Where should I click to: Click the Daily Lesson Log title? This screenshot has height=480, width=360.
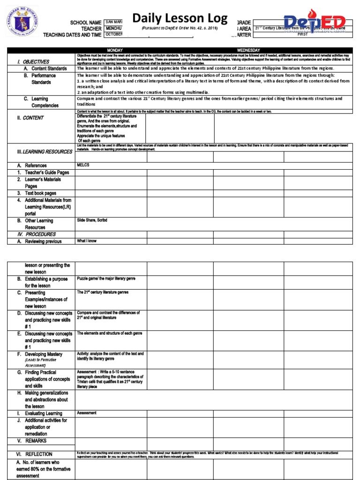(180, 19)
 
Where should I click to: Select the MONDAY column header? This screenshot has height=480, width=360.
(115, 50)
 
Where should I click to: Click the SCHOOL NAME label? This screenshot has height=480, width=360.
(86, 22)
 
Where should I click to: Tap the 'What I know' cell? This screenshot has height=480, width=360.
(87, 241)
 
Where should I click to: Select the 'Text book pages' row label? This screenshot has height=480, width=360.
(40, 193)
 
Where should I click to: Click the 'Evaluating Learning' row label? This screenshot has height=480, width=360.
(43, 413)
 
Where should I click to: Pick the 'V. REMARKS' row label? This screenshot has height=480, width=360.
(34, 441)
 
